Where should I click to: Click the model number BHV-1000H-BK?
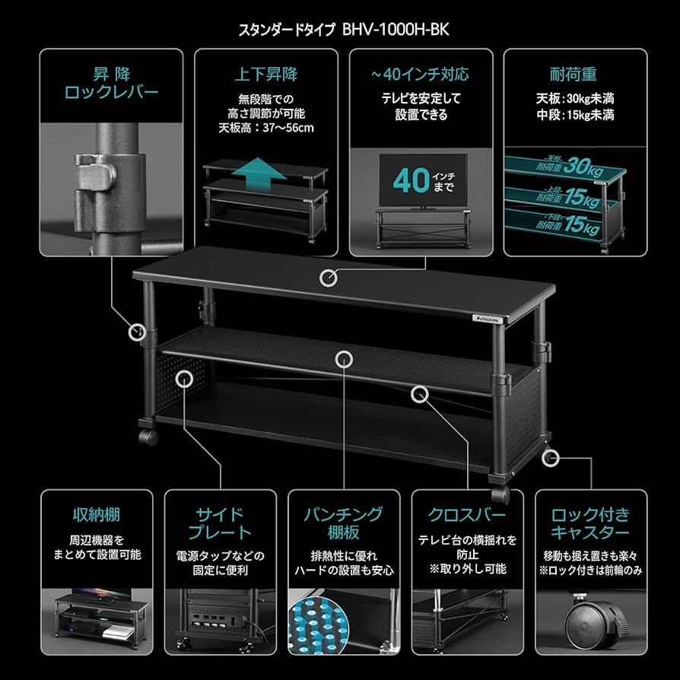[x=417, y=30]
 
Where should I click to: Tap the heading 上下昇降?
[x=265, y=75]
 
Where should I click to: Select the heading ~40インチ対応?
[x=420, y=75]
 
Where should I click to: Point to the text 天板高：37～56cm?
[x=265, y=128]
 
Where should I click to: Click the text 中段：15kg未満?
[x=574, y=115]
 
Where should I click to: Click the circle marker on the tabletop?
[x=329, y=278]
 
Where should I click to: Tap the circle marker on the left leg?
[x=138, y=332]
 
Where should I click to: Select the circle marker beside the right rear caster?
[x=551, y=458]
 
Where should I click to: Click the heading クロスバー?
[x=467, y=516]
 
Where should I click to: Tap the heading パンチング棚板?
[x=344, y=523]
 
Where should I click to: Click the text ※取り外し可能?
[x=467, y=569]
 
